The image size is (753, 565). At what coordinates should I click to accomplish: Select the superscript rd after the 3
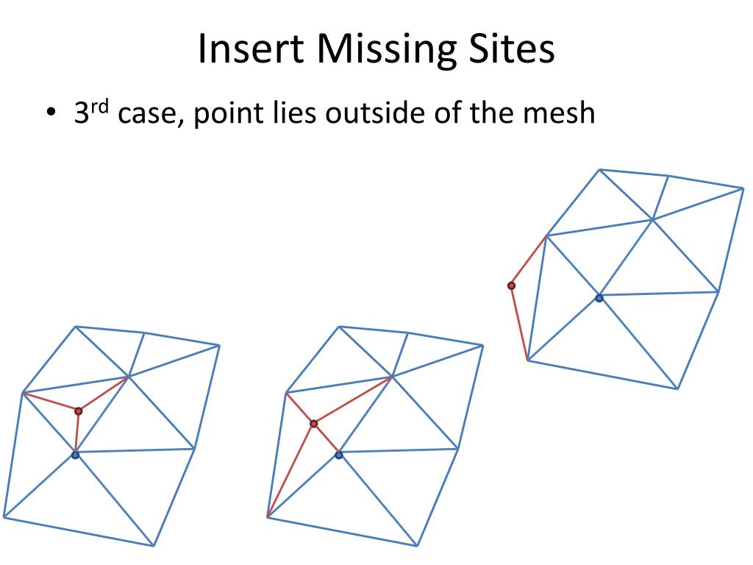[100, 107]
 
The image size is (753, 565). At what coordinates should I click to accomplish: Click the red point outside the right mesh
[511, 285]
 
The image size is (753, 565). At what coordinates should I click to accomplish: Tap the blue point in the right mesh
[599, 298]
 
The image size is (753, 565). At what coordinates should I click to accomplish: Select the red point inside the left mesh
[79, 411]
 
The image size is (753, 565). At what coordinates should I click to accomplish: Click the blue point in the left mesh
[75, 455]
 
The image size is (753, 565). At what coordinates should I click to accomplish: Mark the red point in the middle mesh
[314, 424]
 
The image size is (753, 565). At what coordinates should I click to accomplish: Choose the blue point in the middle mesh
[338, 455]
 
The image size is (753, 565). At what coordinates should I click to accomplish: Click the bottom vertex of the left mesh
[154, 546]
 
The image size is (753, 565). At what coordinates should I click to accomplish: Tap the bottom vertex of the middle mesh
[418, 546]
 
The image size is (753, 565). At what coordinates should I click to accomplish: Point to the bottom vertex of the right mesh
[678, 388]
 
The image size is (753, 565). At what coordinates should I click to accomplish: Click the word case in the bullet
[143, 116]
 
